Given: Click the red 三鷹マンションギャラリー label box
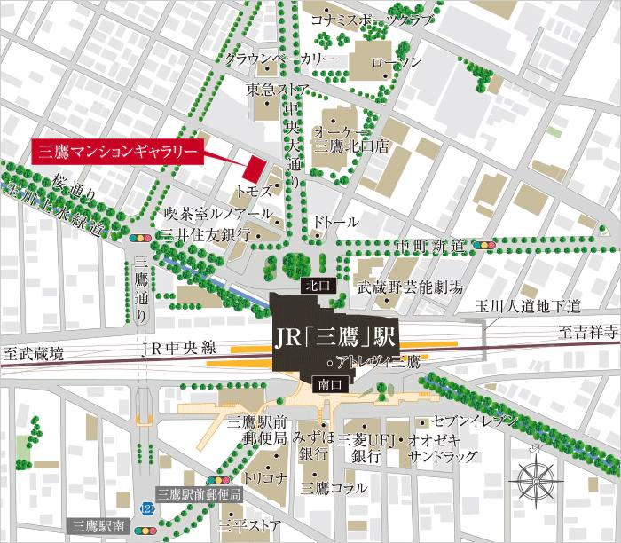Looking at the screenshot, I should click(x=117, y=152).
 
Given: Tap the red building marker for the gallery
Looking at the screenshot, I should click(x=255, y=168).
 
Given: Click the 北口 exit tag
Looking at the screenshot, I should click(x=316, y=286).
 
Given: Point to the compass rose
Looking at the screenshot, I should click(x=538, y=478).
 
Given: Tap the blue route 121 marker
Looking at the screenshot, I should click(x=146, y=507).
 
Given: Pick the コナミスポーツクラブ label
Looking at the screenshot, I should click(x=372, y=19).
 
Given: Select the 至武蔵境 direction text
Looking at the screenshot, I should click(x=35, y=353).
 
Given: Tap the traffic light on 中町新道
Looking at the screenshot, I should click(x=484, y=245).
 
